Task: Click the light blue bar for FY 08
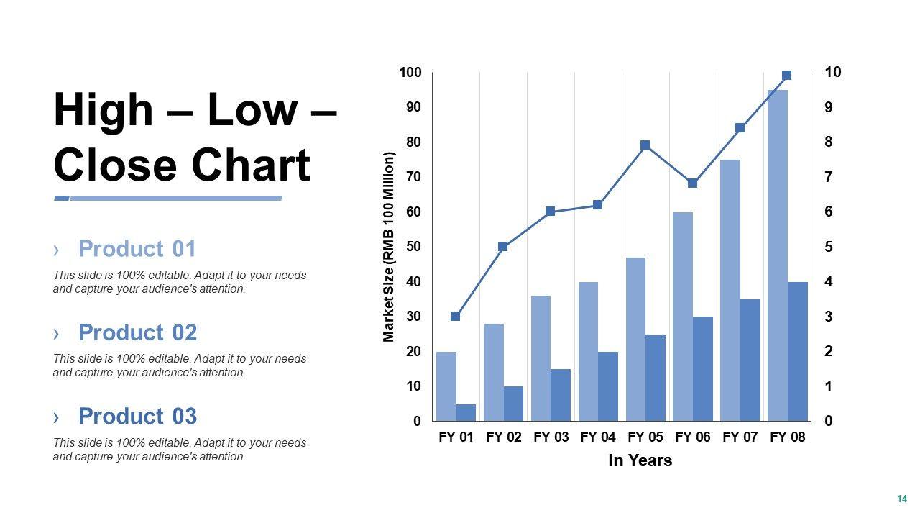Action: (778, 255)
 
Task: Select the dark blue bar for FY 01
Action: (466, 412)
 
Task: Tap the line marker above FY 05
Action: (645, 145)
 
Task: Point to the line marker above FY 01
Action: (455, 316)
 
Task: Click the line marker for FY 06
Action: (693, 183)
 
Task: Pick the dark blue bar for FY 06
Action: (703, 368)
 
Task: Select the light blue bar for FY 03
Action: (540, 358)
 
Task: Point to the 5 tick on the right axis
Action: (829, 247)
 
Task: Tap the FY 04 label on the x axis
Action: (598, 437)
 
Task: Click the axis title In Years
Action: (640, 460)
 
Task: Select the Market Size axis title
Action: (390, 247)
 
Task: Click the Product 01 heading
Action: (137, 249)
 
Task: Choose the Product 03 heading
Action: (137, 417)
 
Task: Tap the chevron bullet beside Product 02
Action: (56, 333)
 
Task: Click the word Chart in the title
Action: (251, 165)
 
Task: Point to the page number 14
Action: (901, 499)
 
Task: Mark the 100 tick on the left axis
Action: (410, 72)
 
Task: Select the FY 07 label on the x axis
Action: (740, 437)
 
